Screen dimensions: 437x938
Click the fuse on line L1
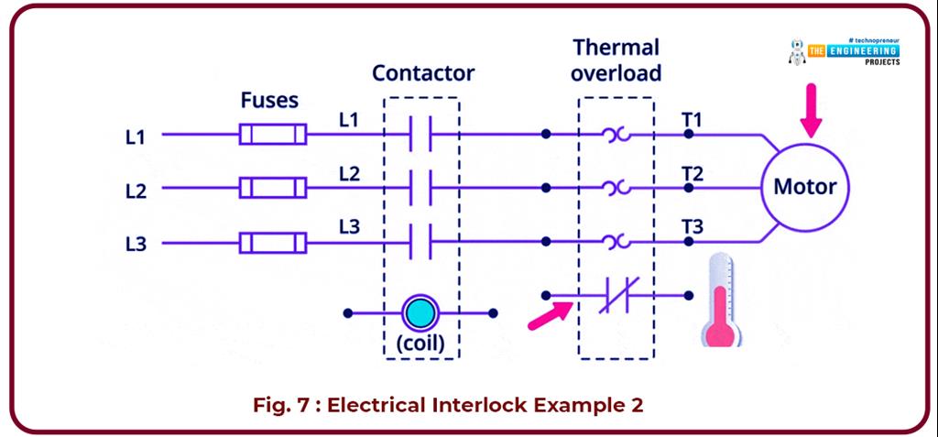[272, 136]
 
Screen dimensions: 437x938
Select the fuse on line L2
[272, 189]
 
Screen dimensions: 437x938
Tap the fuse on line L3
[272, 243]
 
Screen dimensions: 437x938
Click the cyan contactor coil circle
[420, 312]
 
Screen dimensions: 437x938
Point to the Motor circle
[805, 188]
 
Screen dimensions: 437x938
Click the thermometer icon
[725, 301]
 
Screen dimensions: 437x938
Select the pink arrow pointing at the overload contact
[551, 312]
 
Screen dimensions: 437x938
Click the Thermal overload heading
[616, 60]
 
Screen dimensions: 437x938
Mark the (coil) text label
[420, 344]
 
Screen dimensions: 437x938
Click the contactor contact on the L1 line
[420, 135]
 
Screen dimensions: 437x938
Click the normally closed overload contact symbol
[615, 296]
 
